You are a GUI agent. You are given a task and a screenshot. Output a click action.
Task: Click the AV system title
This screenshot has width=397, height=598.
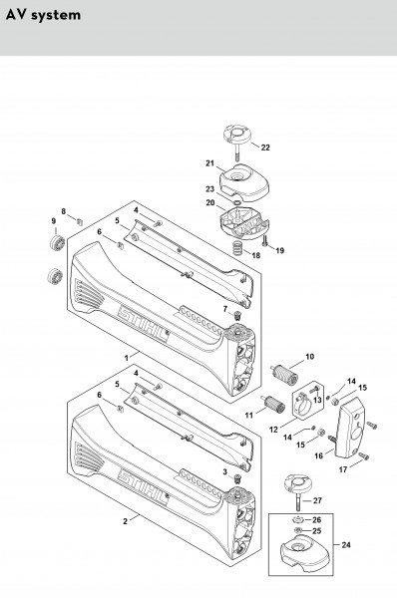coord(43,15)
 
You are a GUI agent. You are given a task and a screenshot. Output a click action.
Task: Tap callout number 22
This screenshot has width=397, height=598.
coord(265,148)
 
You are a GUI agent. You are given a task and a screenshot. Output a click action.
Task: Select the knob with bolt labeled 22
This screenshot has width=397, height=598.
coord(236,142)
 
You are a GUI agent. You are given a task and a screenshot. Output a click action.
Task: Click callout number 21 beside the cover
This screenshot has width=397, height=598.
coord(209,163)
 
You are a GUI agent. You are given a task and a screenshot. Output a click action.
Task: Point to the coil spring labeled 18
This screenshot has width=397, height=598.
coord(237,248)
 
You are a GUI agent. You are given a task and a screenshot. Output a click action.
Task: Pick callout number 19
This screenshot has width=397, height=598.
coord(280,250)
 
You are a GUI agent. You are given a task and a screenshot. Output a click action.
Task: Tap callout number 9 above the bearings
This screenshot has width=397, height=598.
coord(54,221)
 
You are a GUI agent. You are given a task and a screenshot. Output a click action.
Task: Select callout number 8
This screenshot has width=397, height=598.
coord(64,211)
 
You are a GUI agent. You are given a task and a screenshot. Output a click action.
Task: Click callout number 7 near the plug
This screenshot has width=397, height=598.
coord(225,309)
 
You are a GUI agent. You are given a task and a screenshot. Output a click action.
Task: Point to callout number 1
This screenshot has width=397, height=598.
coord(127,358)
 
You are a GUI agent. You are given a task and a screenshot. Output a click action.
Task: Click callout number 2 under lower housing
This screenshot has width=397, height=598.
coord(126,521)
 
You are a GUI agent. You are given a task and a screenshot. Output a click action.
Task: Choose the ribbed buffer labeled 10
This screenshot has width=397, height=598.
coord(284,374)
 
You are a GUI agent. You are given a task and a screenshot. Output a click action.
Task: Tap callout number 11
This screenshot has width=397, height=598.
coord(249,415)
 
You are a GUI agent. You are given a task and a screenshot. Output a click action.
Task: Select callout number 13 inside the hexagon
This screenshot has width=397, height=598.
coord(317,400)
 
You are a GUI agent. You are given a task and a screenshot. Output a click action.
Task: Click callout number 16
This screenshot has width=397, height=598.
coord(319,455)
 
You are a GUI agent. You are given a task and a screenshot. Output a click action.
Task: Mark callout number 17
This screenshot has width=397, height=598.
coord(343,469)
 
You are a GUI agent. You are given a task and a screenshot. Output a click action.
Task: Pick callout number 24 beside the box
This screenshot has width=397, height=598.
coord(346,544)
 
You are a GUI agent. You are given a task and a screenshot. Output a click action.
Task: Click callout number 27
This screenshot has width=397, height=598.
coord(317,500)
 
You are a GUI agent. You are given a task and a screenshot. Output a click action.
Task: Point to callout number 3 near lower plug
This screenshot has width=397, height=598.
coord(225,472)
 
